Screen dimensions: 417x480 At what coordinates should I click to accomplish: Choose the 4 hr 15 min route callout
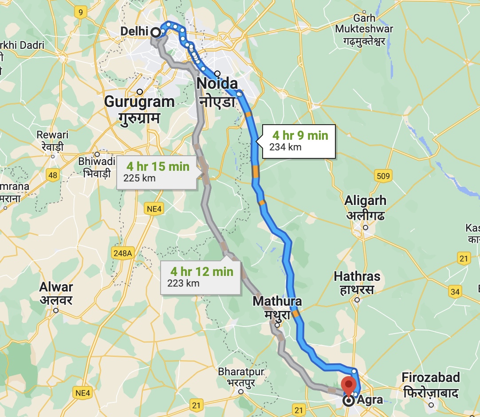pyautogui.click(x=157, y=172)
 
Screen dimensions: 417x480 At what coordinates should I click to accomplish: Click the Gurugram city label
pyautogui.click(x=139, y=102)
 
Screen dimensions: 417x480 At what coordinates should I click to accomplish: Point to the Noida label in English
pyautogui.click(x=217, y=83)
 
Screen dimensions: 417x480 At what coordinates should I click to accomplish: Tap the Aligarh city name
pyautogui.click(x=366, y=201)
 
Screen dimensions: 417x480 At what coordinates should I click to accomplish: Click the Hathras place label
pyautogui.click(x=357, y=277)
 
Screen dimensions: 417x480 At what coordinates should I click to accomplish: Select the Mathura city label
pyautogui.click(x=277, y=302)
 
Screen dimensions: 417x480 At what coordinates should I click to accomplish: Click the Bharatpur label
pyautogui.click(x=241, y=372)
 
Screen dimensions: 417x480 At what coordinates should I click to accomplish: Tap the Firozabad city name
pyautogui.click(x=430, y=378)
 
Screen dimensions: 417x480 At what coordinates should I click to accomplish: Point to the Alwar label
pyautogui.click(x=56, y=287)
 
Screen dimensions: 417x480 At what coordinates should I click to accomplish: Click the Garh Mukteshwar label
pyautogui.click(x=364, y=24)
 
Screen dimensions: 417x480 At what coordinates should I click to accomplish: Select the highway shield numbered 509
pyautogui.click(x=383, y=176)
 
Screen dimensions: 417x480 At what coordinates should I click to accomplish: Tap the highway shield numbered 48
pyautogui.click(x=53, y=175)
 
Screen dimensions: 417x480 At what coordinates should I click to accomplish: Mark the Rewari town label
pyautogui.click(x=52, y=134)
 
